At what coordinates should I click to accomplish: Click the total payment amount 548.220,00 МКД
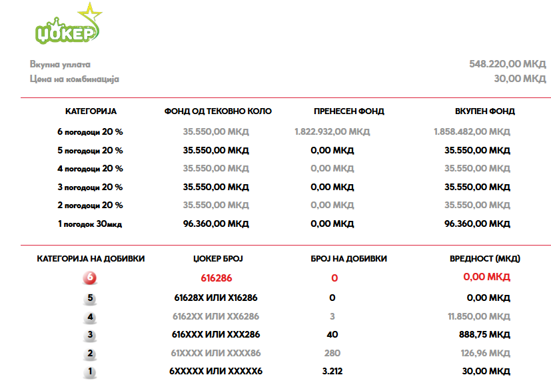tap(507, 64)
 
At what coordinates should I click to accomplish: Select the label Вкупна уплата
tap(60, 65)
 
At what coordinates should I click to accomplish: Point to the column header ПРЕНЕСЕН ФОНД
tap(349, 111)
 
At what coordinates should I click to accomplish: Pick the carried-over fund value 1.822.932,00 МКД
tap(332, 132)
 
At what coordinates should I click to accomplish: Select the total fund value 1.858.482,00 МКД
tap(472, 132)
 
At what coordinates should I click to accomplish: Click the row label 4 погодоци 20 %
tap(91, 169)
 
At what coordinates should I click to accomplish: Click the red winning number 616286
tap(217, 278)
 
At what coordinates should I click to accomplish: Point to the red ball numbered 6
tap(90, 278)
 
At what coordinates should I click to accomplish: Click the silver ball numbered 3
tap(90, 335)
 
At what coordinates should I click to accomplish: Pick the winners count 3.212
tap(332, 371)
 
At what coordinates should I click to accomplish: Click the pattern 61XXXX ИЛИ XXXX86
tap(217, 353)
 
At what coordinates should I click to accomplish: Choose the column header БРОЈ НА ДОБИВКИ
tap(349, 258)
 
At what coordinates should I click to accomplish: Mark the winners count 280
tap(332, 353)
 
